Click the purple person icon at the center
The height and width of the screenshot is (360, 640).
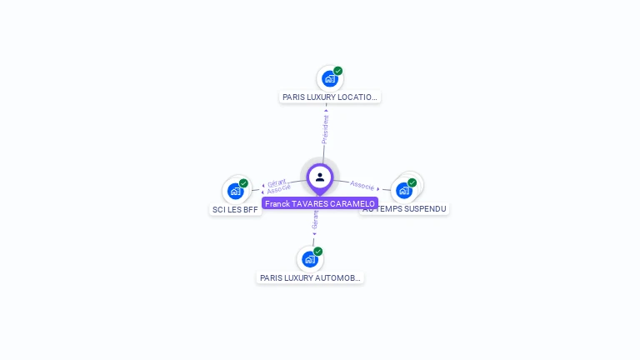(320, 177)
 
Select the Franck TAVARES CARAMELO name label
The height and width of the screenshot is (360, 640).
(319, 203)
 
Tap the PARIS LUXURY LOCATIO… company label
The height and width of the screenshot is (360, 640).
(330, 97)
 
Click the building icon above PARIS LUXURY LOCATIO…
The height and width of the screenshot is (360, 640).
(330, 79)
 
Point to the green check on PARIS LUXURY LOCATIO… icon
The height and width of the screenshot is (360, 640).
(338, 71)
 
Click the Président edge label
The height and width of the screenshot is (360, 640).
(325, 128)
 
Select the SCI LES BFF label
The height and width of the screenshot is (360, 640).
(237, 210)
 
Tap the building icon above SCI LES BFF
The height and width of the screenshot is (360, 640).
(236, 191)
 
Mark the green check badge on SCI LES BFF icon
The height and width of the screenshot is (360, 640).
(244, 183)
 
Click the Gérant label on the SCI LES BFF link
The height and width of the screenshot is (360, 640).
(277, 182)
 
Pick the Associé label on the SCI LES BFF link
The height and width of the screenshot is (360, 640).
(278, 189)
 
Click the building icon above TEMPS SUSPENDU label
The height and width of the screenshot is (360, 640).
(404, 190)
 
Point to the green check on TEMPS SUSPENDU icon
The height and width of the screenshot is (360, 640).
(412, 182)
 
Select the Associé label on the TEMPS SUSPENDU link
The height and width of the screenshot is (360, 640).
(362, 184)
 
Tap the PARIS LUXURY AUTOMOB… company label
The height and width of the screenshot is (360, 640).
(310, 278)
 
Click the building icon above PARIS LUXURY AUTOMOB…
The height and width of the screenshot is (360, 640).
(310, 259)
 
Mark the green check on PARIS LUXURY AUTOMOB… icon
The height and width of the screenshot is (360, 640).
(318, 252)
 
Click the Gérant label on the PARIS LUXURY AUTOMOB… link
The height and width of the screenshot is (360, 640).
(315, 220)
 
